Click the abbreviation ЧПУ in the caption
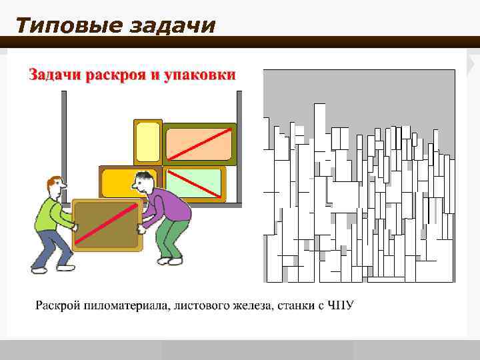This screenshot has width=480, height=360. point(341,306)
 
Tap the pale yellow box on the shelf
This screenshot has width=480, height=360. point(147,142)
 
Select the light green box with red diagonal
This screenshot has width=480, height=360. point(193,183)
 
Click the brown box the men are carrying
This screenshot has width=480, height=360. point(106,224)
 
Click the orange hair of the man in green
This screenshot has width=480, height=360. point(56,182)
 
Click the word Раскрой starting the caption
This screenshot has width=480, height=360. point(57,306)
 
